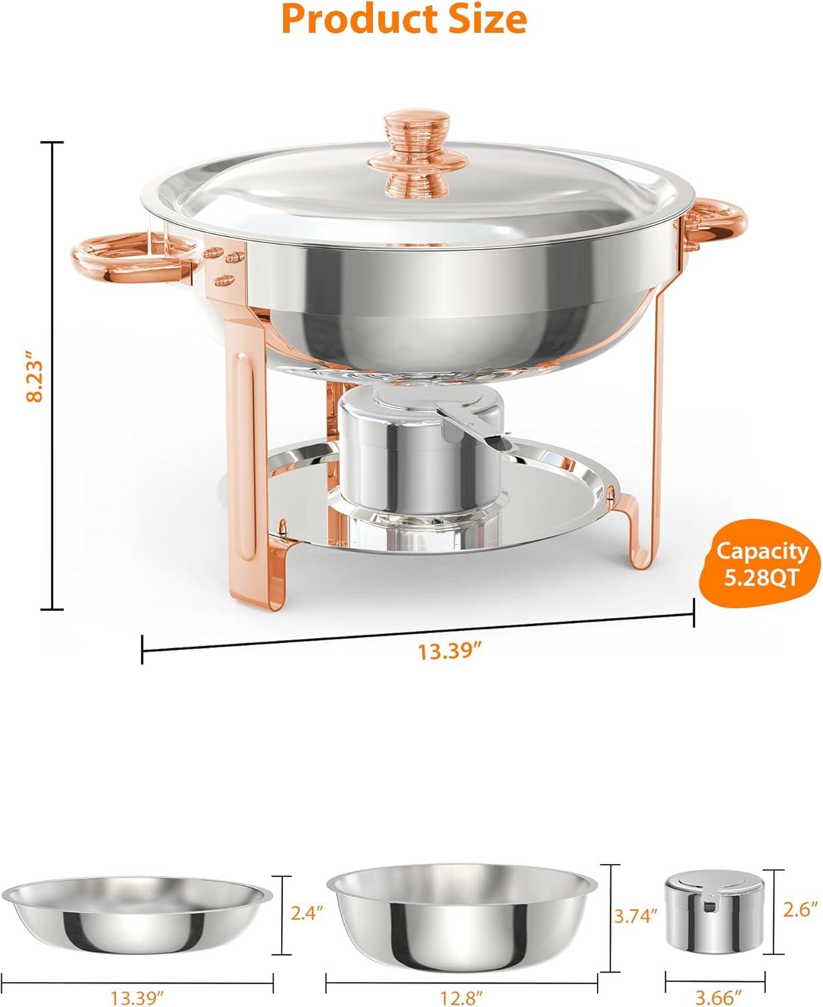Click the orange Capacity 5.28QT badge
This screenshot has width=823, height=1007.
pos(762,564)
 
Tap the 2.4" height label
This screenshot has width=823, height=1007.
pos(307,912)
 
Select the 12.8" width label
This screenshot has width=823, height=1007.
pos(462,998)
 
